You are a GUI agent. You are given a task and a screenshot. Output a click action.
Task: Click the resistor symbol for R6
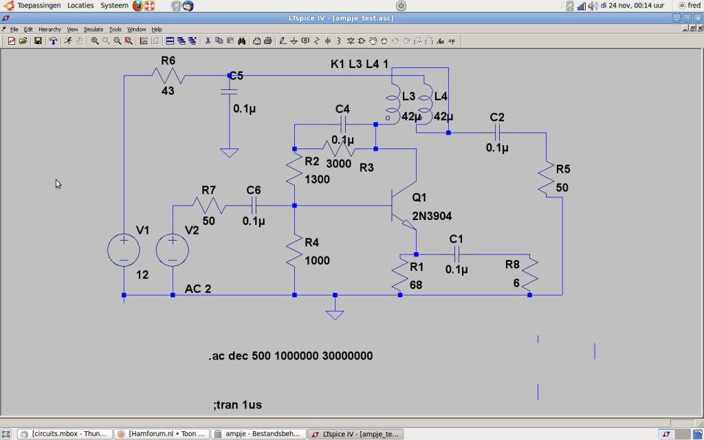(168, 76)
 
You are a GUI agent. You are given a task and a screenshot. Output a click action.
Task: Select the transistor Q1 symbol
(404, 206)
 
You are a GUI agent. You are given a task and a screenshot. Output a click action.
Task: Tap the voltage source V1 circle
(124, 250)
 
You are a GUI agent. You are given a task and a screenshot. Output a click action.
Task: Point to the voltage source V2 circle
(173, 250)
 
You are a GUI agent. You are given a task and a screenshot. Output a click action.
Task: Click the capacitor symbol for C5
(230, 91)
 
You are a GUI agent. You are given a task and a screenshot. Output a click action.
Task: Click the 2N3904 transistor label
(432, 216)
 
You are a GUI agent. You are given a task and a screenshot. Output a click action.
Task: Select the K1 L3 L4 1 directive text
(359, 64)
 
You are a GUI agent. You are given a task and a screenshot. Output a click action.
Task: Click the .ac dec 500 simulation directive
(291, 356)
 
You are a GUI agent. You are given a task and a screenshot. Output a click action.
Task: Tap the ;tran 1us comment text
(237, 405)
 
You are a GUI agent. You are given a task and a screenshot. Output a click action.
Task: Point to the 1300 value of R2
(318, 179)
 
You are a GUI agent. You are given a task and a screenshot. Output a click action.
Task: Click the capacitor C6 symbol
(254, 206)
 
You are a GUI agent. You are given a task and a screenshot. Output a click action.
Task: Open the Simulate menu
(93, 29)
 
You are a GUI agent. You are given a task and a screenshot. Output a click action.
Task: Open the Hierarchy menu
(49, 29)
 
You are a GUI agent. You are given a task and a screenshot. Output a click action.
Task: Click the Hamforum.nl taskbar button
(162, 434)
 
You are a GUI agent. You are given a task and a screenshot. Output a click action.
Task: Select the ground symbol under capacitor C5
(230, 153)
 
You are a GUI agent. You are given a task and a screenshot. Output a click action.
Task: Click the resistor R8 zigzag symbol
(530, 274)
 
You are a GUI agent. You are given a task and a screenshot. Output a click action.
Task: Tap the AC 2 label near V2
(198, 289)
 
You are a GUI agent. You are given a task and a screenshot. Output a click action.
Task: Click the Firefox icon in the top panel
(137, 5)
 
